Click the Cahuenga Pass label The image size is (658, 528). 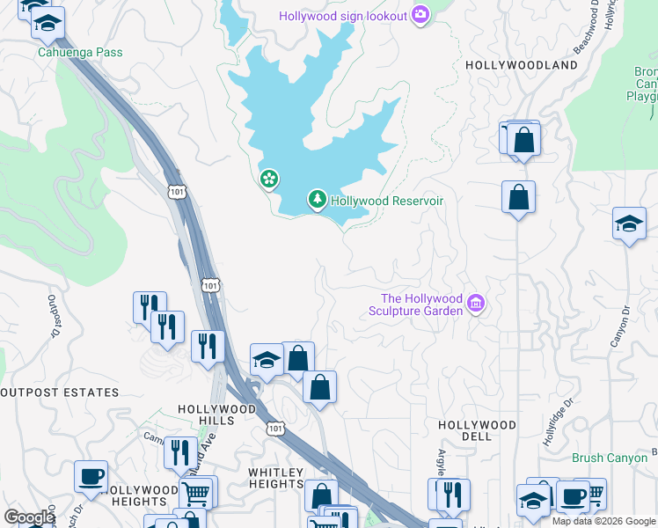[79, 53]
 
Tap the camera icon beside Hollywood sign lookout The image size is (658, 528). [420, 15]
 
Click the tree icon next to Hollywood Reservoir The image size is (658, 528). [317, 201]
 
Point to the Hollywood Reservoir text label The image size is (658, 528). [386, 201]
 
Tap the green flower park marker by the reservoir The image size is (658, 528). [269, 180]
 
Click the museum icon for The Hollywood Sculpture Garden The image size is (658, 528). [476, 304]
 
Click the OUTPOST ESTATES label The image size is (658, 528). [60, 392]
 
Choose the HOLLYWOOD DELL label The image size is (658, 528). [477, 431]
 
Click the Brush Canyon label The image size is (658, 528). [610, 458]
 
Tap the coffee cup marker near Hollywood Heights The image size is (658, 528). [91, 477]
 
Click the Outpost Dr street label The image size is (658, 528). [52, 318]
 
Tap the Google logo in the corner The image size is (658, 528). [29, 517]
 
